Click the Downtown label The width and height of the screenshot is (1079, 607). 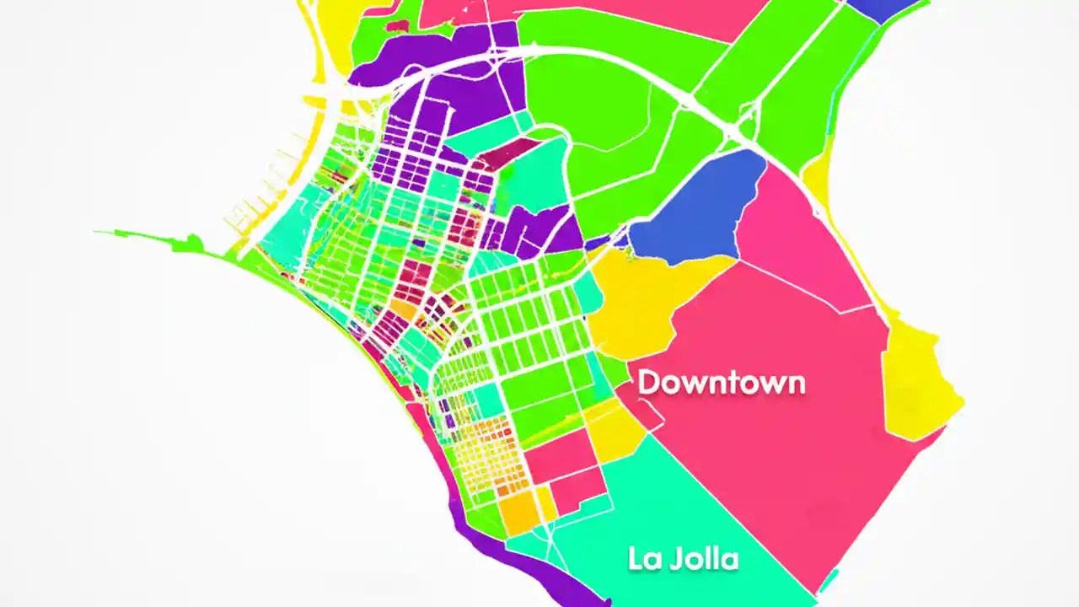point(721,383)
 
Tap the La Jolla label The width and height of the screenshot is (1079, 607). point(683,558)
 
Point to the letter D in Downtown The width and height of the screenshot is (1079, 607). point(647,382)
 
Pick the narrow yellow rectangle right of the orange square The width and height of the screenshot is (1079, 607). point(547,504)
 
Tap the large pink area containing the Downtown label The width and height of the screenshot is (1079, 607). point(776,438)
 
